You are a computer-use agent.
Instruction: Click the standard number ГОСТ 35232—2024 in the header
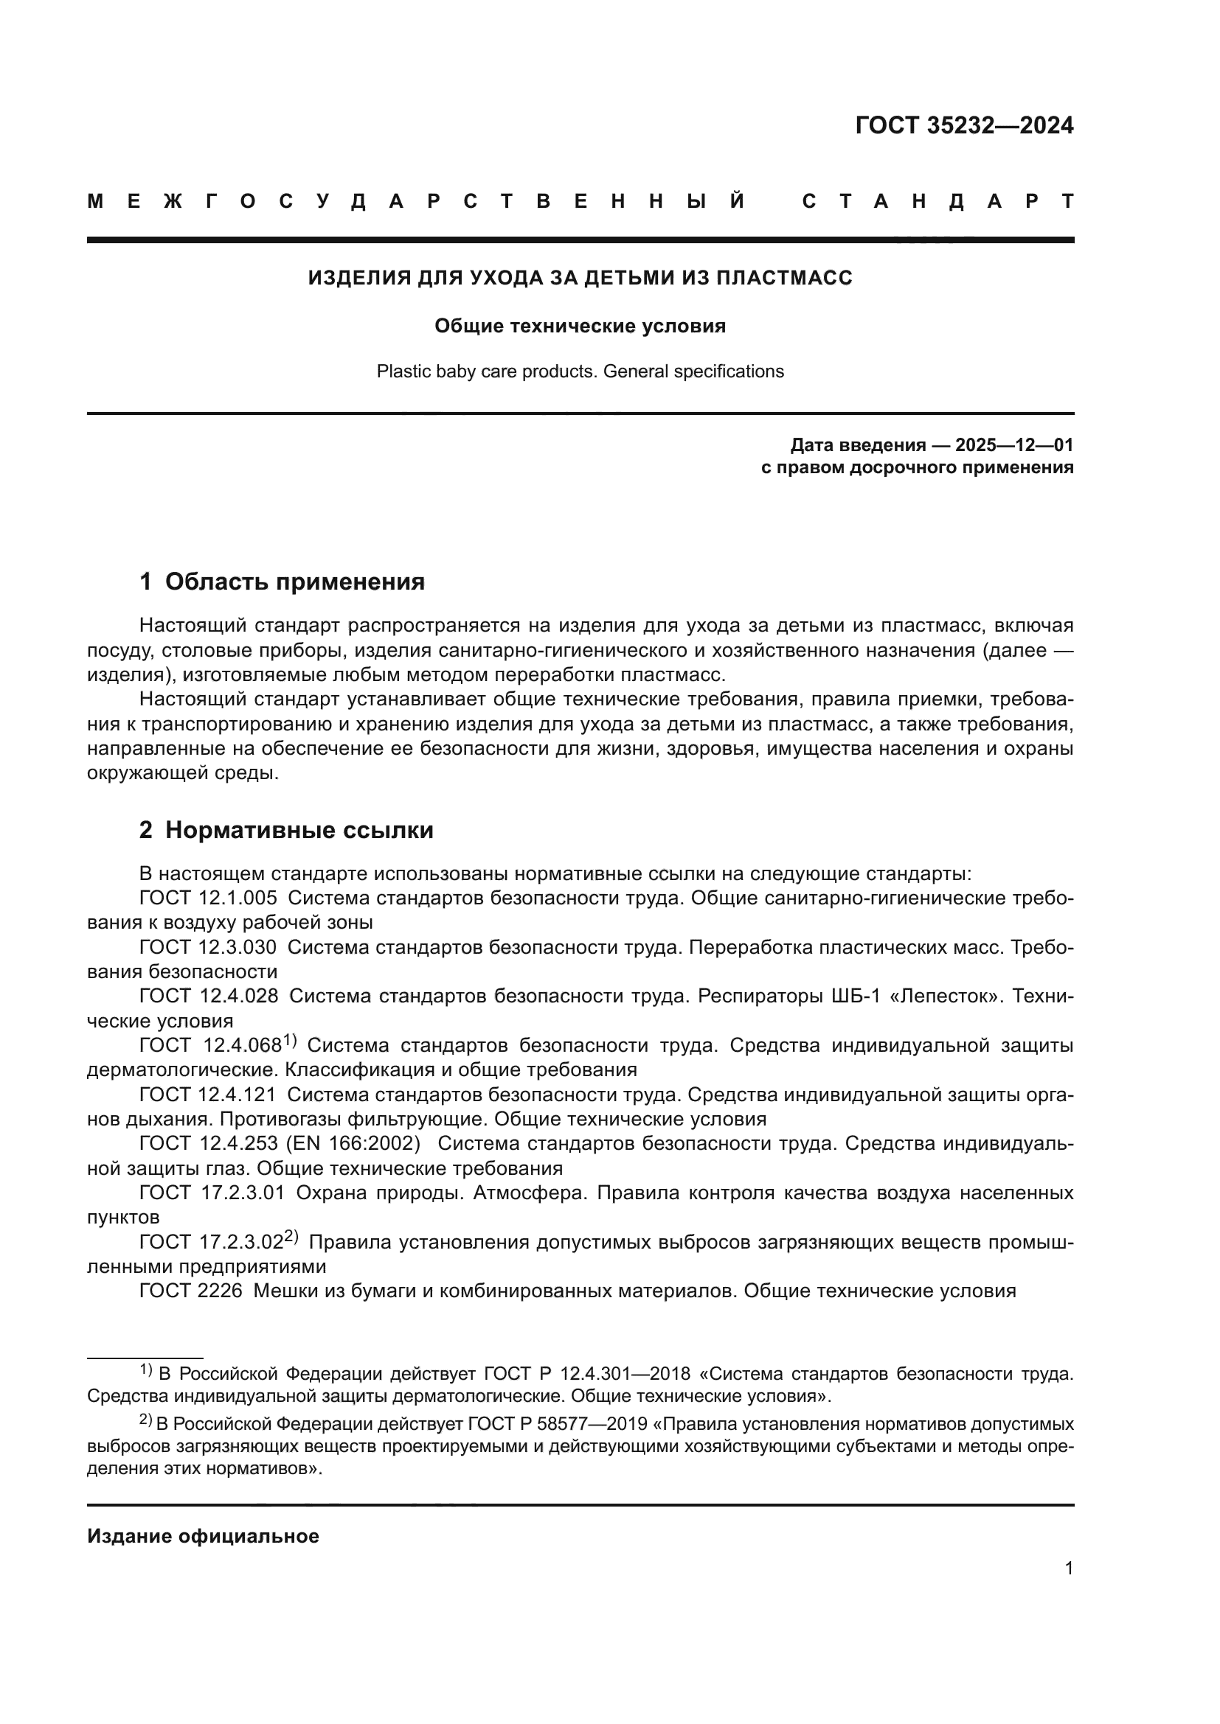[x=964, y=125]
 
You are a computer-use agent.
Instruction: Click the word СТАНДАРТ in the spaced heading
[x=937, y=201]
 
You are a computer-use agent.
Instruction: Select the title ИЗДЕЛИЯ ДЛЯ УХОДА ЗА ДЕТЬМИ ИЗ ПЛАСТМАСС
[x=580, y=278]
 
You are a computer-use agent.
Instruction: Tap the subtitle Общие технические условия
[x=580, y=326]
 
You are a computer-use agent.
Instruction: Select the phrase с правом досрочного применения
[x=917, y=468]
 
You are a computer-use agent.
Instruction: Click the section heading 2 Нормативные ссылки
[x=286, y=830]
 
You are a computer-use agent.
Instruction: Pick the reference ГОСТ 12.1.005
[x=208, y=897]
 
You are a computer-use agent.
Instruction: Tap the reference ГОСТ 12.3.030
[x=208, y=947]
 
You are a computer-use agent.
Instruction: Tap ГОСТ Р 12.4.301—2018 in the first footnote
[x=586, y=1373]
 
